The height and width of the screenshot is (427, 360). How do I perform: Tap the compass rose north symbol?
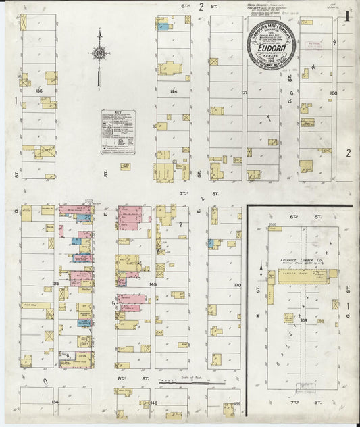click(99, 53)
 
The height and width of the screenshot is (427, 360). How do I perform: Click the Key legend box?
click(118, 132)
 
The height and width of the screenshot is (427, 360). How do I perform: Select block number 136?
click(38, 91)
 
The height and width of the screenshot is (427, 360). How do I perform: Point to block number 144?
click(174, 91)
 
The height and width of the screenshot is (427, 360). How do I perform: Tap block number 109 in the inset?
click(303, 320)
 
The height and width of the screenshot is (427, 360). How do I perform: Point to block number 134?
click(55, 401)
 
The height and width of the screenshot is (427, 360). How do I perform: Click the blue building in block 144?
click(163, 27)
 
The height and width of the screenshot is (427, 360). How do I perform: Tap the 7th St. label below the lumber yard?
click(302, 403)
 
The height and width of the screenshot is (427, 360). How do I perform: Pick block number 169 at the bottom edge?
click(237, 403)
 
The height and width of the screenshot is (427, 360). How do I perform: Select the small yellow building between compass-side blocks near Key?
click(126, 166)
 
